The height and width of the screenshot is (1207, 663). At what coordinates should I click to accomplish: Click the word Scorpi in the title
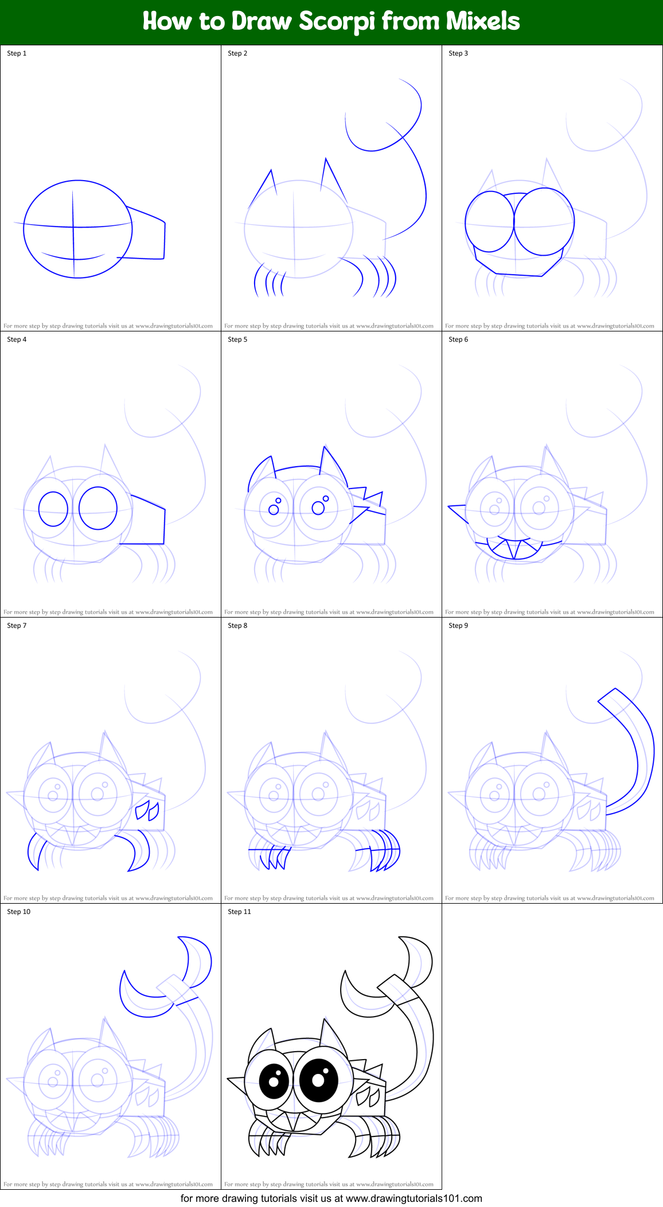pos(337,22)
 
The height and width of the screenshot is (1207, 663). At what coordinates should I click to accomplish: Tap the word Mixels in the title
pos(483,22)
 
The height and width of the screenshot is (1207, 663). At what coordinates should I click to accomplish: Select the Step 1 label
pos(17,53)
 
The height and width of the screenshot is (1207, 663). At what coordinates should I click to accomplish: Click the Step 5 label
pos(237,339)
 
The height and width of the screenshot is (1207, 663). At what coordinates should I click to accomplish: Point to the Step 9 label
pos(458,626)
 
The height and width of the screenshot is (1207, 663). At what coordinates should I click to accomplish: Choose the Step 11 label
pos(239,912)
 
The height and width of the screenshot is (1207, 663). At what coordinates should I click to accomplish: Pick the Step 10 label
pos(19,912)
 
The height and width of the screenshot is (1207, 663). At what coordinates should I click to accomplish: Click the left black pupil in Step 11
pos(274,1080)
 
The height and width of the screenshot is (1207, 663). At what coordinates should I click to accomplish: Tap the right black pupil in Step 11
pos(319,1079)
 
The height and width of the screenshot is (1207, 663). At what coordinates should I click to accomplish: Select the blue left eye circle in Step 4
pos(53,509)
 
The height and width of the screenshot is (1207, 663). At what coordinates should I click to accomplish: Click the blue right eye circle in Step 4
pos(98,508)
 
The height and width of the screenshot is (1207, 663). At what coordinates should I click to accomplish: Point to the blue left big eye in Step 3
pos(489,221)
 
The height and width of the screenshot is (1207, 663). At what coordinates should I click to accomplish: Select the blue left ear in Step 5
pos(259,471)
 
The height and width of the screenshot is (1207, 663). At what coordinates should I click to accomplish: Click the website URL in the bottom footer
pos(414,1198)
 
